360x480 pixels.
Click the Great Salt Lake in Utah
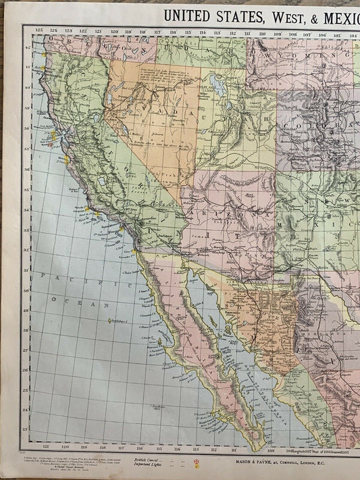point(218,84)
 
